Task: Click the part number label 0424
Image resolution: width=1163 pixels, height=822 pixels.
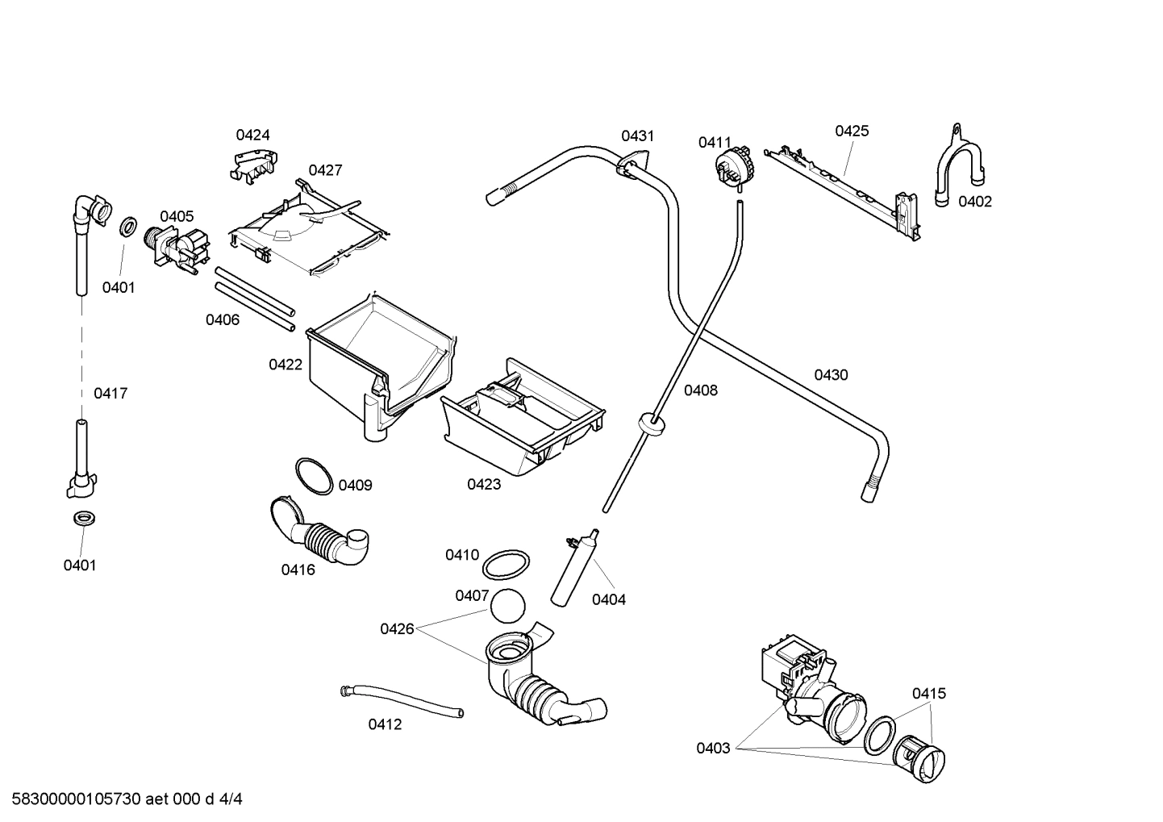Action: coord(252,135)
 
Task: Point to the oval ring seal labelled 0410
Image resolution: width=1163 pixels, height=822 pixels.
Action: coord(506,565)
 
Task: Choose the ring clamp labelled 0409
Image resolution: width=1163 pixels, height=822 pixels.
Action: coord(314,476)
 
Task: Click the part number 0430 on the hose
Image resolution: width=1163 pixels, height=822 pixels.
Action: coord(831,374)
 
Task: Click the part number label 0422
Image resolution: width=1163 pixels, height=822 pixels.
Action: coord(286,365)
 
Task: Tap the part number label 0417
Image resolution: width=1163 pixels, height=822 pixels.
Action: coord(110,394)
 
